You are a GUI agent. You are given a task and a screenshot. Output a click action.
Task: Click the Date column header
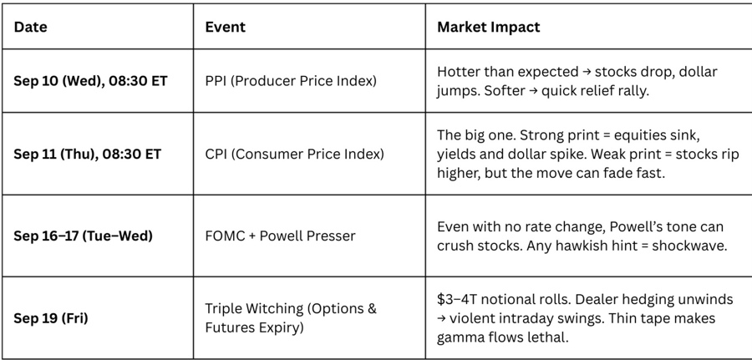(x=30, y=27)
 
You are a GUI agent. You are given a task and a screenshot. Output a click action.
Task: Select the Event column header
(x=225, y=27)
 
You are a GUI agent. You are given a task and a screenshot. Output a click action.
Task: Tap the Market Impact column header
(x=488, y=27)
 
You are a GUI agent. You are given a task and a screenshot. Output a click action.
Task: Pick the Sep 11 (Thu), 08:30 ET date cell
(x=87, y=154)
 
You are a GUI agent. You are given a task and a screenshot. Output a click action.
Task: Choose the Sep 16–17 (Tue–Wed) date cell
(x=83, y=236)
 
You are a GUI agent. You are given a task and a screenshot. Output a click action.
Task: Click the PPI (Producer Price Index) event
(x=290, y=81)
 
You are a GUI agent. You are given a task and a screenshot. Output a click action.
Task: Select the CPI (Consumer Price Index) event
(x=294, y=154)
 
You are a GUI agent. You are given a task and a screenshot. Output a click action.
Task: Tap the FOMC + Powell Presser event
(x=280, y=236)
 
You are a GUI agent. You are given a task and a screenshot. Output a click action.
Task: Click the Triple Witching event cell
(x=290, y=318)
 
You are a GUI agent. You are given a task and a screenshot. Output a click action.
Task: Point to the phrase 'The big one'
(x=472, y=134)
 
